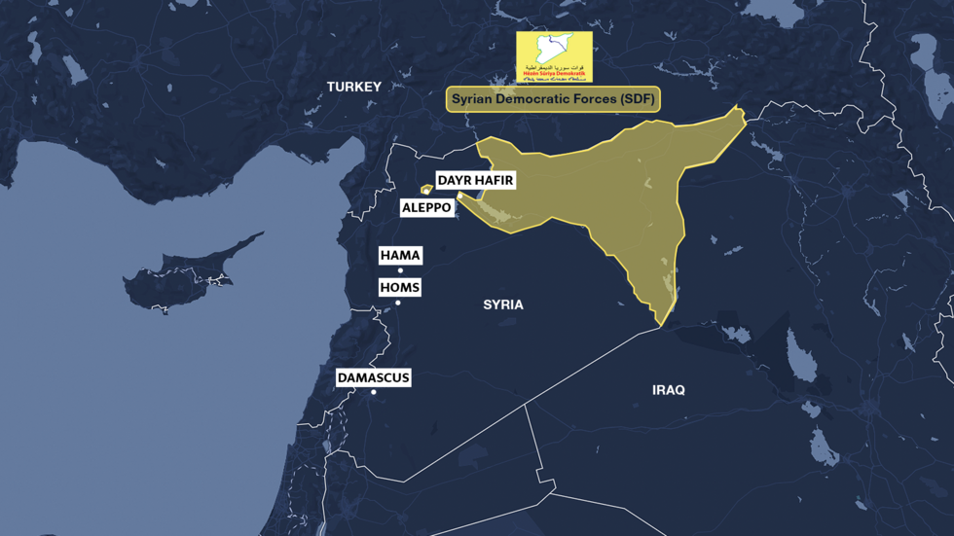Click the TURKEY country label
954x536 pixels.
353,88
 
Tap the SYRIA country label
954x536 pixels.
503,305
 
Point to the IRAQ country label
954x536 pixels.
668,390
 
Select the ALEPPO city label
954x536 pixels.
426,208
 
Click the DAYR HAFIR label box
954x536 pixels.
475,181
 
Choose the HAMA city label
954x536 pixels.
400,255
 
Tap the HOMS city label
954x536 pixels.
399,288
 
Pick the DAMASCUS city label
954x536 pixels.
373,377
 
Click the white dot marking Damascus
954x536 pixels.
374,393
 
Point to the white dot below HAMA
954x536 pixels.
400,271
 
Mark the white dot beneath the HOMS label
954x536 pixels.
398,304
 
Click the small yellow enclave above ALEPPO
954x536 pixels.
425,190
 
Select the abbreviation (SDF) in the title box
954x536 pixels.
637,99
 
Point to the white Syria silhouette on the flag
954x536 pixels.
553,47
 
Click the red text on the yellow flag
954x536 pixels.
553,72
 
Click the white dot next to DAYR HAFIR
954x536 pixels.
460,196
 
